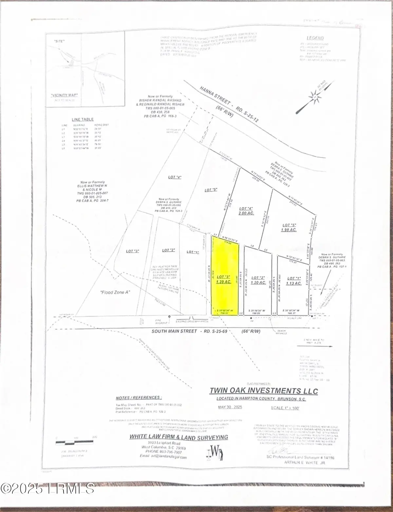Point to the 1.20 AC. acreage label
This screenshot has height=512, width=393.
[258, 282]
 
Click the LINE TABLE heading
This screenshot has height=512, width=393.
[83, 119]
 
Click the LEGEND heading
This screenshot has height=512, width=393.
[315, 38]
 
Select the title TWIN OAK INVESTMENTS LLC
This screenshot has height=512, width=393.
[264, 391]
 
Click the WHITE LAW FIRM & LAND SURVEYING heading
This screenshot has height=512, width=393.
[178, 437]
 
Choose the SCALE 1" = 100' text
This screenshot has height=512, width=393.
[285, 408]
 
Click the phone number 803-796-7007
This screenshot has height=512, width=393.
[172, 452]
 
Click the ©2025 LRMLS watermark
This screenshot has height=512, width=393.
[47, 489]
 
